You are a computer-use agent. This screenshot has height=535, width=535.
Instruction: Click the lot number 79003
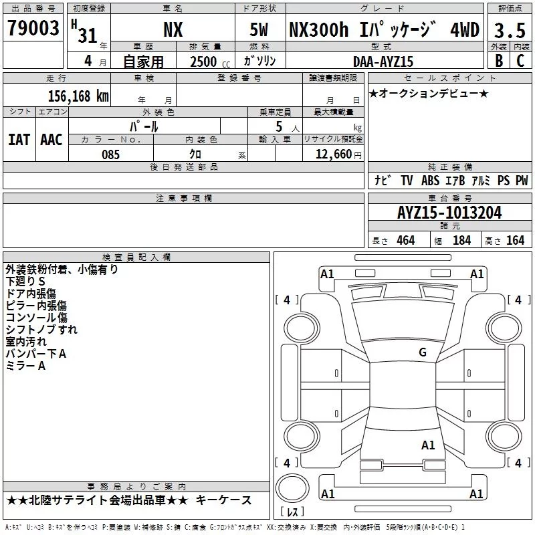pyautogui.click(x=33, y=28)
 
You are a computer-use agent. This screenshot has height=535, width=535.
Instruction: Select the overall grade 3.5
pyautogui.click(x=510, y=30)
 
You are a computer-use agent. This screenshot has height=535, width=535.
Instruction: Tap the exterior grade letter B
pyautogui.click(x=499, y=61)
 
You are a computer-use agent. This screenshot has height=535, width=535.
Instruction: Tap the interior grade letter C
pyautogui.click(x=520, y=61)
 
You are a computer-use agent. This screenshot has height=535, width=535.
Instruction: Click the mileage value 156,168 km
pyautogui.click(x=78, y=96)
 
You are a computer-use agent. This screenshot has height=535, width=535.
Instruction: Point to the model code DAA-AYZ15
pyautogui.click(x=383, y=62)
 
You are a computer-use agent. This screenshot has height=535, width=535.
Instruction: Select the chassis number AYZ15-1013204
pyautogui.click(x=449, y=213)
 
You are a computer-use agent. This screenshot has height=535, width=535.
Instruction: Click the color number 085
pyautogui.click(x=111, y=154)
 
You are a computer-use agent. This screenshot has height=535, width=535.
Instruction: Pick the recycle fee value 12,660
pyautogui.click(x=333, y=154)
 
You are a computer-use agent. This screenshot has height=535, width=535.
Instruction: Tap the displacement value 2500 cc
pyautogui.click(x=210, y=62)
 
